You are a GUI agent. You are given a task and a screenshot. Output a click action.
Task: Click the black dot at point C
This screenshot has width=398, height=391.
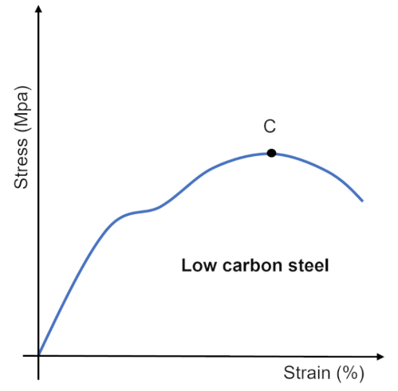coord(271,153)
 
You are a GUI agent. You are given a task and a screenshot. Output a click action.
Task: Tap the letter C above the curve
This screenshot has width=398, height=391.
coord(270,127)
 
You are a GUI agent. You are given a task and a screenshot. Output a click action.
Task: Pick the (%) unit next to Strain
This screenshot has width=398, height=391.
coord(350,373)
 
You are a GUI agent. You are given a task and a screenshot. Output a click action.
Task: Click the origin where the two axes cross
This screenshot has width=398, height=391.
coord(38,355)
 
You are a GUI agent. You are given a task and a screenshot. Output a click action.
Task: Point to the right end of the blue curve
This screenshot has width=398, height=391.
coord(363,200)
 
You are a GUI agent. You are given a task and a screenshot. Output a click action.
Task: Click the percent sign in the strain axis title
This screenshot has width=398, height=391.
coord(350,373)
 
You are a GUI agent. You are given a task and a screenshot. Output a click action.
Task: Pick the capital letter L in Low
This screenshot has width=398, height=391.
coord(186,265)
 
